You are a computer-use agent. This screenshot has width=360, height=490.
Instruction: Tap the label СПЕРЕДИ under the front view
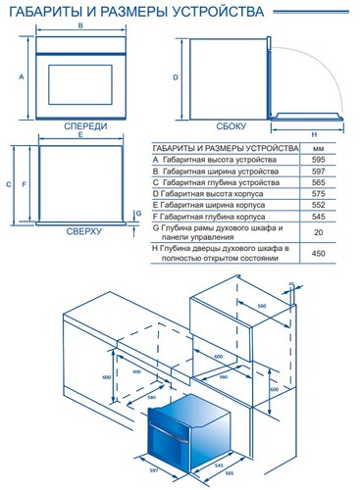point(78,128)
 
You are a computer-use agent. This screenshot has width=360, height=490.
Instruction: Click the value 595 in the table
point(317,159)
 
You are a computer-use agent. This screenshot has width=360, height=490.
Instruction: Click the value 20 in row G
point(317,232)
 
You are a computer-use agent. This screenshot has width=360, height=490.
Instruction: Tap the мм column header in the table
point(317,147)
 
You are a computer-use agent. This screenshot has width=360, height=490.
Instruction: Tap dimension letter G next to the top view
point(140,213)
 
